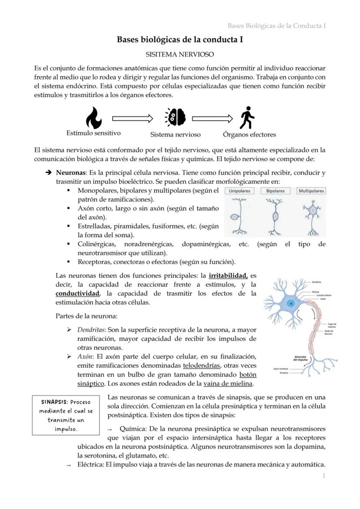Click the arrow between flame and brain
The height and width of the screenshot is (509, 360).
pos(133,118)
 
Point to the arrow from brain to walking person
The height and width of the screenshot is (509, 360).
pos(213,118)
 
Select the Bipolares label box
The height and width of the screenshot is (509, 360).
pos(275,191)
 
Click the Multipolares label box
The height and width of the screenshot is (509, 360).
pos(311,191)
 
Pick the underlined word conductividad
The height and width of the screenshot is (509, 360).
pos(77,293)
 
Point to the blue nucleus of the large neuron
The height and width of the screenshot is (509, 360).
pos(290,303)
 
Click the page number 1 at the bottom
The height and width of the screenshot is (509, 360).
pos(323,476)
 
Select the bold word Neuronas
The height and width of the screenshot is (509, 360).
pos(70,173)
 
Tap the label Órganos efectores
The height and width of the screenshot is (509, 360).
pos(249,134)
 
